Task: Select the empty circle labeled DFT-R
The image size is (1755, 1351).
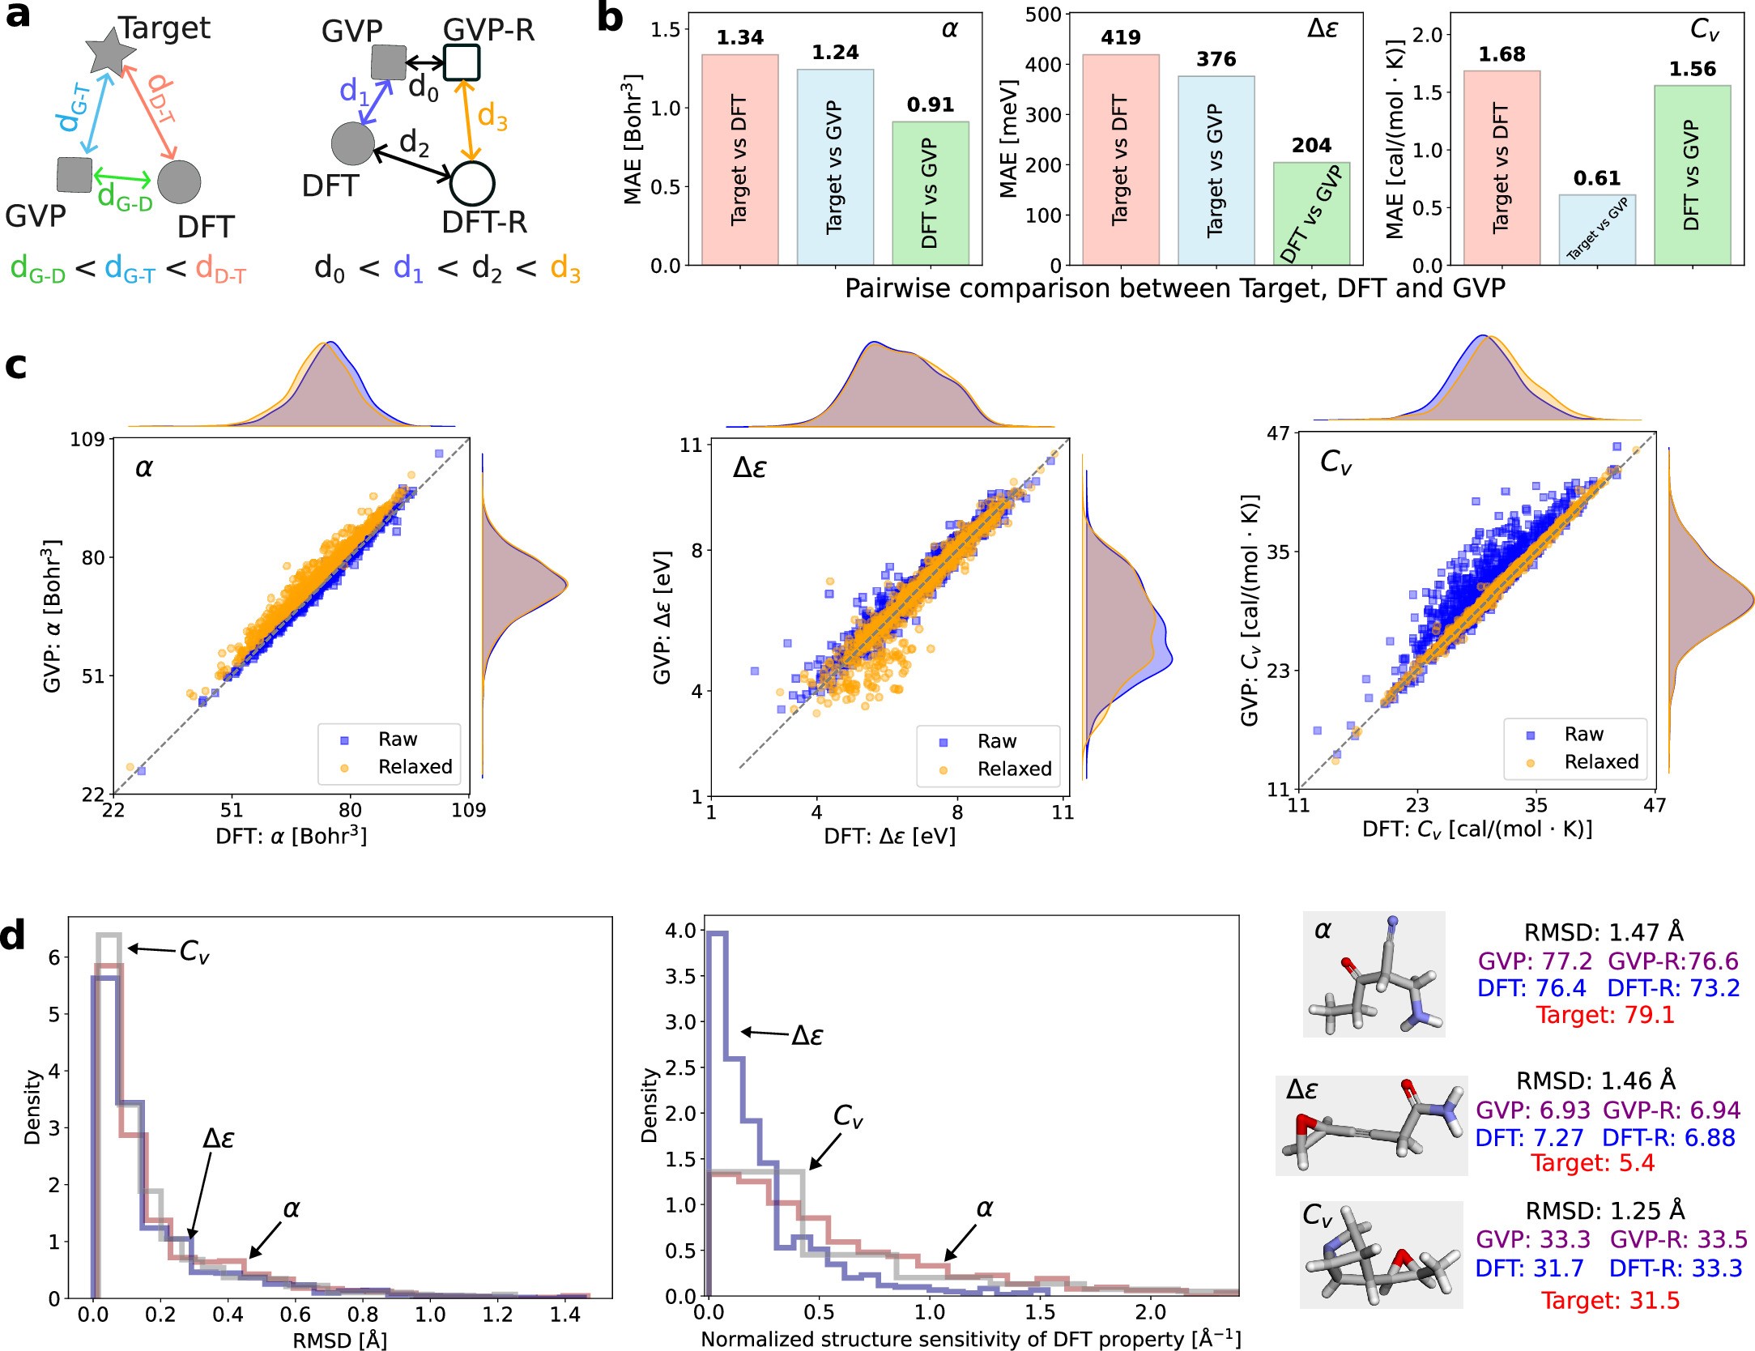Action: [x=472, y=183]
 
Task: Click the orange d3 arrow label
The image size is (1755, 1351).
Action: [x=492, y=116]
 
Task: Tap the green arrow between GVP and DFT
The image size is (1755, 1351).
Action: [x=122, y=177]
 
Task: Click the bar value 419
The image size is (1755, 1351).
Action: [x=1120, y=38]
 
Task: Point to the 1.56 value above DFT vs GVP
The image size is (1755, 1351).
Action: [x=1692, y=70]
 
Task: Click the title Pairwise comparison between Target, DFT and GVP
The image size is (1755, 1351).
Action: [x=1174, y=289]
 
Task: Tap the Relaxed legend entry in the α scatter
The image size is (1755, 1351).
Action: [x=414, y=767]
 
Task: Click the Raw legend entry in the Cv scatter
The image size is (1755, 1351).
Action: [x=1583, y=735]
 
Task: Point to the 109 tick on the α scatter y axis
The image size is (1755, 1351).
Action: [x=87, y=440]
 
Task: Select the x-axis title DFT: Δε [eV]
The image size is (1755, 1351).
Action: [x=889, y=837]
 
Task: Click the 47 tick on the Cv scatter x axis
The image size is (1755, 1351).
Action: [x=1654, y=806]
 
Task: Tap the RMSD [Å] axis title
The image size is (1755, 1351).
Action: [x=339, y=1340]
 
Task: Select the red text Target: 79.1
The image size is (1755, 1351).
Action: [x=1604, y=1015]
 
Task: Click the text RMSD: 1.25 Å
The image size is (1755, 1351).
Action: [x=1604, y=1211]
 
